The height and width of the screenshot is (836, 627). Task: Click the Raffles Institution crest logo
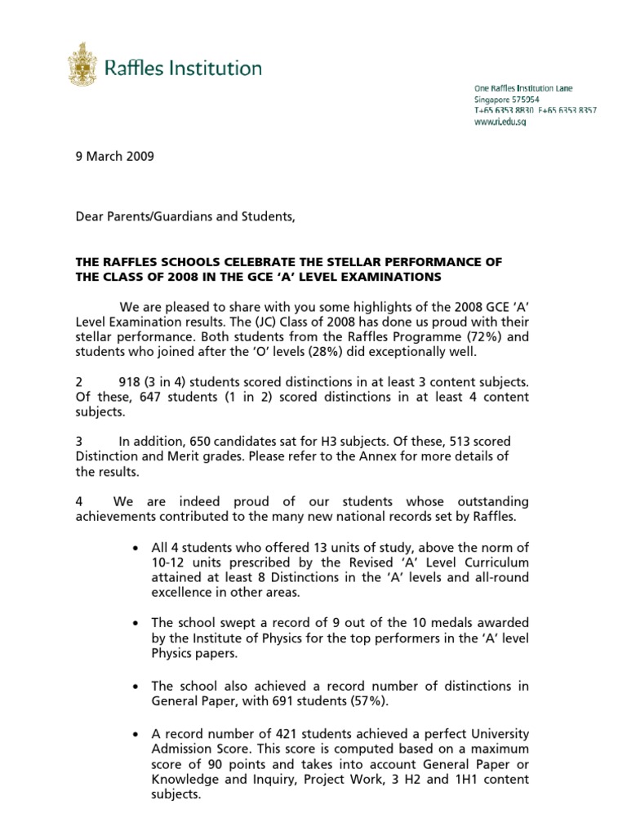82,65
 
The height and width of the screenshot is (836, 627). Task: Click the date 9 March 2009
113,158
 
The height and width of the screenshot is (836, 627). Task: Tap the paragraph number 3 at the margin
79,441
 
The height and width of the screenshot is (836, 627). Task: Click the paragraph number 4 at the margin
79,500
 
